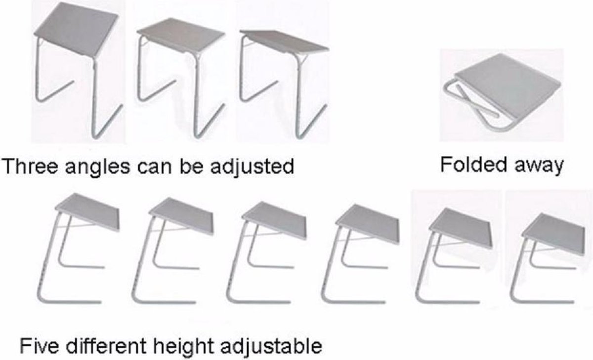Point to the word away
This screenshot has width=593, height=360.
click(539, 166)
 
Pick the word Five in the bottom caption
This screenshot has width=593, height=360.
click(39, 346)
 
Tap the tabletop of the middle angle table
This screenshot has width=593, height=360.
click(181, 36)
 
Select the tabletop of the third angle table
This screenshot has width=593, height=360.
click(284, 42)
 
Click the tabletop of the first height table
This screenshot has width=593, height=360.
click(87, 212)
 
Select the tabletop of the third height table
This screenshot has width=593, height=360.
click(274, 221)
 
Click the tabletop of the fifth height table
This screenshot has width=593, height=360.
click(461, 228)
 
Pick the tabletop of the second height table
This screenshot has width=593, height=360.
click(181, 216)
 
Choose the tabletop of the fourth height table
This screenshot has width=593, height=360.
click(368, 224)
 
